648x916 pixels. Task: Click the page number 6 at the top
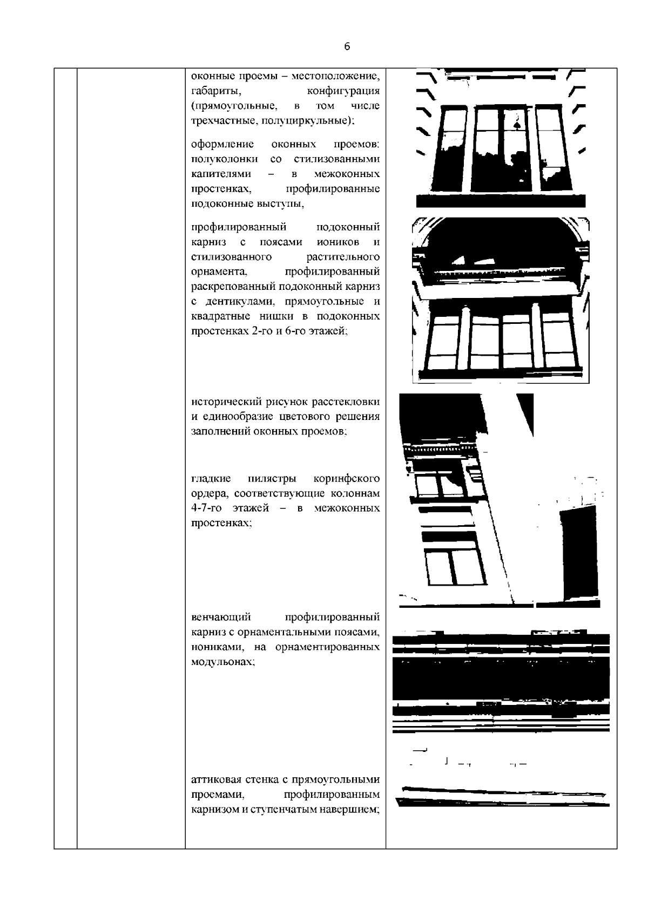(x=347, y=47)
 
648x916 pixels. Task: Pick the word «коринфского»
(x=346, y=479)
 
